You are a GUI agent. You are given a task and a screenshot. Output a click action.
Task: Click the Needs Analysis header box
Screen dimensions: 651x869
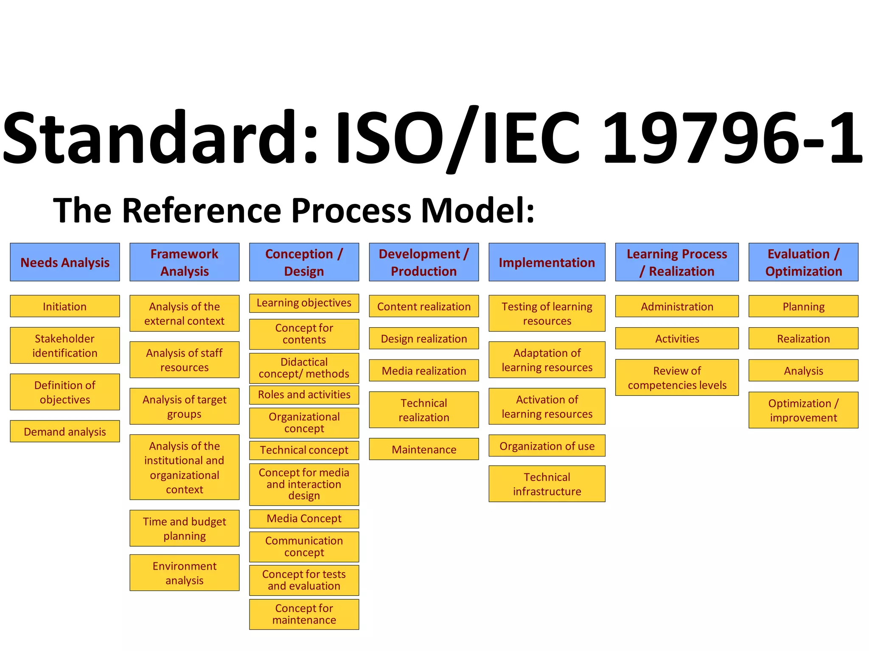(x=65, y=262)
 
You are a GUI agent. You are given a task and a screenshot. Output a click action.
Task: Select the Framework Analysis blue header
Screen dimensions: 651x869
(x=185, y=262)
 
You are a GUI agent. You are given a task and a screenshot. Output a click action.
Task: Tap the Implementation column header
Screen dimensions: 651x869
(x=547, y=262)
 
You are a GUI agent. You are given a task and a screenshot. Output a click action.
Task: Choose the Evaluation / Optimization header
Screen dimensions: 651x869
(x=803, y=262)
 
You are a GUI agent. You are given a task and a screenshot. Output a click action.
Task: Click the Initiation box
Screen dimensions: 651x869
(x=65, y=306)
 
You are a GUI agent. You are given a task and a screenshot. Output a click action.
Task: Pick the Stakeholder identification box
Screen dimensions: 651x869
(x=65, y=345)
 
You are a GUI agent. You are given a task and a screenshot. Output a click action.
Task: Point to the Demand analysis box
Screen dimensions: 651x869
(x=65, y=431)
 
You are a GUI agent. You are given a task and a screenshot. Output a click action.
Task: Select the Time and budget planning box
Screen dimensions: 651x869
(x=185, y=528)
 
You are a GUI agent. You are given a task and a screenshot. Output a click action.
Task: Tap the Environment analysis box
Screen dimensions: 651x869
(x=185, y=573)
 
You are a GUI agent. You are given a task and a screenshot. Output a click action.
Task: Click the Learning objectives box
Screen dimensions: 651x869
(x=304, y=303)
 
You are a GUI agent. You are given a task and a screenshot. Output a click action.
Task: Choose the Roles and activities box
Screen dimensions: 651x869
(x=304, y=395)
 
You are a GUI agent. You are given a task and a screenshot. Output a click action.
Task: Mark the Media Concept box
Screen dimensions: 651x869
(x=304, y=518)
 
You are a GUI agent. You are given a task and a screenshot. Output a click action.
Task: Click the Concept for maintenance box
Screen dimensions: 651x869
(x=304, y=614)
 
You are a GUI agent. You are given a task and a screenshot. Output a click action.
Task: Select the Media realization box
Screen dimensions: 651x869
(x=424, y=370)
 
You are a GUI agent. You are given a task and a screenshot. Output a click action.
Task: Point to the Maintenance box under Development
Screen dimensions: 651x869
(x=424, y=449)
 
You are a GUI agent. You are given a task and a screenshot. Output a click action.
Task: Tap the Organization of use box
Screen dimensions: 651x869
(x=547, y=446)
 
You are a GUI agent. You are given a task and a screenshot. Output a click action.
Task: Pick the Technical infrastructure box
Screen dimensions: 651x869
(x=547, y=484)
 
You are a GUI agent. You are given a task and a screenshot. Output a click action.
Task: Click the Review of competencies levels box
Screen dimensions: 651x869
(x=677, y=378)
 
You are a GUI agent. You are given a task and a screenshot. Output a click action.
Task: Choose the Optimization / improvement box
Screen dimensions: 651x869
(x=803, y=410)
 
